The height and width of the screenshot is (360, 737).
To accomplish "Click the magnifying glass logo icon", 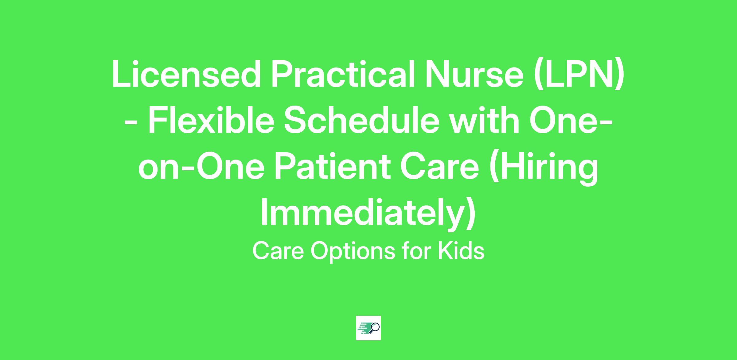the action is [368, 328].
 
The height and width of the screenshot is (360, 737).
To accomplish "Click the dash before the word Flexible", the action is [131, 124].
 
